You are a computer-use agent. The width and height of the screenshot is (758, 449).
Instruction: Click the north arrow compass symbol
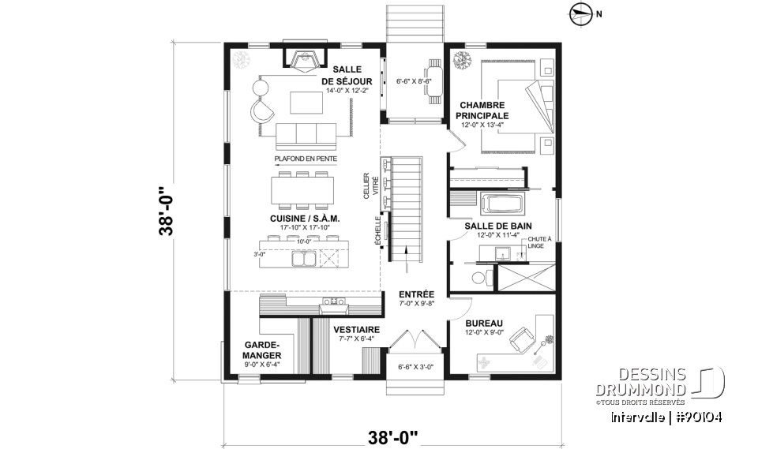(x=580, y=12)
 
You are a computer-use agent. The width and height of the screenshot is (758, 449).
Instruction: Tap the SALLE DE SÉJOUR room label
(x=347, y=75)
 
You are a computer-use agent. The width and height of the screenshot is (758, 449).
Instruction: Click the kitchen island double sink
(x=303, y=258)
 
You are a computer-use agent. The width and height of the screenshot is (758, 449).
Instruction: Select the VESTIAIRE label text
(x=356, y=330)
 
